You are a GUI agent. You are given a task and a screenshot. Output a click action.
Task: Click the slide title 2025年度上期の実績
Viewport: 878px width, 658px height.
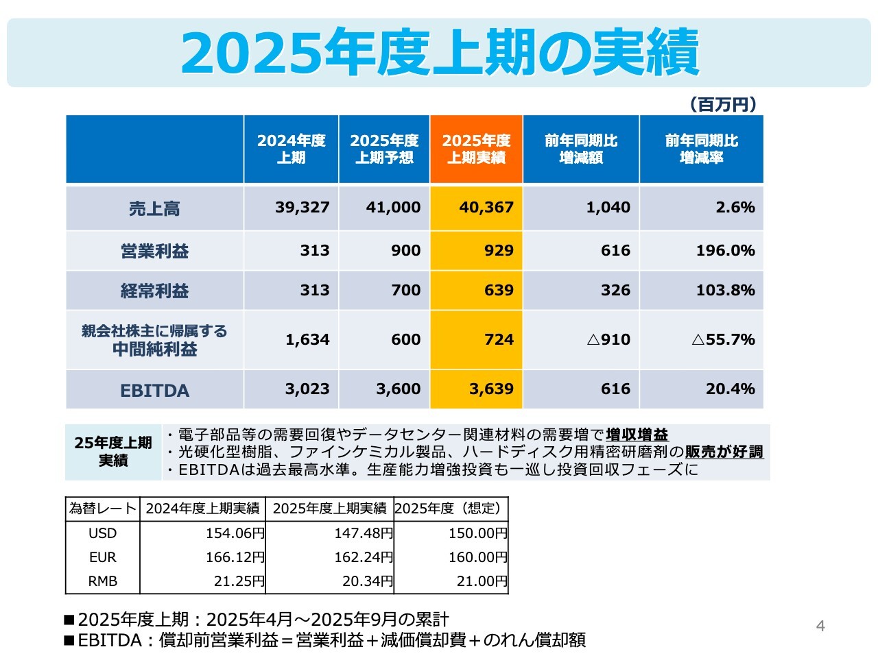pyautogui.click(x=439, y=53)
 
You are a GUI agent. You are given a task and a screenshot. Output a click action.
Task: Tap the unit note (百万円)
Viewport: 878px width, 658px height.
pyautogui.click(x=723, y=104)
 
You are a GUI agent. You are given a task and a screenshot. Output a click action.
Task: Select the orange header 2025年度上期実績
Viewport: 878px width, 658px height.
pyautogui.click(x=476, y=149)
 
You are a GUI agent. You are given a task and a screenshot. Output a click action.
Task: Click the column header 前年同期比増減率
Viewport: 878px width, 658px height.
pyautogui.click(x=701, y=149)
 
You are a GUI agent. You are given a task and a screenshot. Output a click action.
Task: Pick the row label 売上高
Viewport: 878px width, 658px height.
pyautogui.click(x=154, y=208)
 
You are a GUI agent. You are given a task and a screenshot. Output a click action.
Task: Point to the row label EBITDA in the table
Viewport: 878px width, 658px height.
pyautogui.click(x=154, y=390)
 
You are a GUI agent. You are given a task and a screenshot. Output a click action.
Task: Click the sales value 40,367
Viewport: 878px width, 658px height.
pyautogui.click(x=486, y=208)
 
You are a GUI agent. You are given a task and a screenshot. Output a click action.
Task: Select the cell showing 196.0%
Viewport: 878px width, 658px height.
pyautogui.click(x=725, y=251)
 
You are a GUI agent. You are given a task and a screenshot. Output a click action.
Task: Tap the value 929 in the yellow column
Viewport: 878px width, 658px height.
pyautogui.click(x=499, y=251)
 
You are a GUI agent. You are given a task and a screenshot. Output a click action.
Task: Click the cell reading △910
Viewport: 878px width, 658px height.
pyautogui.click(x=608, y=340)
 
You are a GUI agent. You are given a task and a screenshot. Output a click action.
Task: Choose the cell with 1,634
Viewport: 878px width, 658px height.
pyautogui.click(x=307, y=340)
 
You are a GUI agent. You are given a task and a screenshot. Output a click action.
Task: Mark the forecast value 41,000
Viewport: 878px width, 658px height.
pyautogui.click(x=393, y=208)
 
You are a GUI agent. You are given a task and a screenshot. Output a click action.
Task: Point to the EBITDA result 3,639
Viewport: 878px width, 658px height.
pyautogui.click(x=491, y=389)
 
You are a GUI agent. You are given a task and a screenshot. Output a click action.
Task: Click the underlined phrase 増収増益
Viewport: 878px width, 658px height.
pyautogui.click(x=637, y=435)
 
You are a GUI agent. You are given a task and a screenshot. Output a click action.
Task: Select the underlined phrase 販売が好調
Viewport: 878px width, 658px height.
pyautogui.click(x=724, y=452)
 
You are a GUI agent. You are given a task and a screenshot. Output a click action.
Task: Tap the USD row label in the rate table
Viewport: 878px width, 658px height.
pyautogui.click(x=103, y=533)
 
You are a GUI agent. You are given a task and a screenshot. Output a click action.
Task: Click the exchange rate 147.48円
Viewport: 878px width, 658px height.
pyautogui.click(x=364, y=533)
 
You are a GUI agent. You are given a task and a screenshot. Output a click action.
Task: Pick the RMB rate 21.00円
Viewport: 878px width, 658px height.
pyautogui.click(x=482, y=581)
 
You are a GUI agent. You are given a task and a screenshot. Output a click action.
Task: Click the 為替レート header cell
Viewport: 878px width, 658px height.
pyautogui.click(x=103, y=509)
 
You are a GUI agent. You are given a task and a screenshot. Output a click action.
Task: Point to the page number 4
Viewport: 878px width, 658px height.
pyautogui.click(x=820, y=626)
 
